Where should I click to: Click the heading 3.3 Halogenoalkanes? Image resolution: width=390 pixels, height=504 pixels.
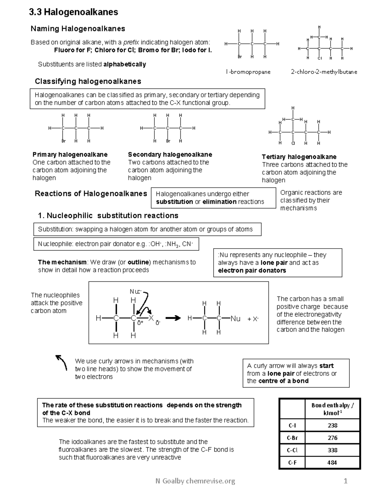click(x=73, y=12)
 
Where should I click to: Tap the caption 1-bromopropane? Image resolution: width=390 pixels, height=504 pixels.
click(x=248, y=72)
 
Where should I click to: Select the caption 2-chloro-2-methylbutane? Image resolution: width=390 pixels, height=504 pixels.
click(x=324, y=72)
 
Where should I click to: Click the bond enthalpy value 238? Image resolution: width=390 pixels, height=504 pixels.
click(x=332, y=425)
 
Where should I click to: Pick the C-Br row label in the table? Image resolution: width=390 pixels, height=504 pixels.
click(x=292, y=438)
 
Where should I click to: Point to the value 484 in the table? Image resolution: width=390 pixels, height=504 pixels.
click(x=332, y=462)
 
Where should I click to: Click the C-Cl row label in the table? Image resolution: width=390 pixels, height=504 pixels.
click(x=292, y=450)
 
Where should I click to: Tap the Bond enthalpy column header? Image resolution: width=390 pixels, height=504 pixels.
click(x=332, y=409)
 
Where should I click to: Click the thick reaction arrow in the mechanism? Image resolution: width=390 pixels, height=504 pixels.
click(x=173, y=318)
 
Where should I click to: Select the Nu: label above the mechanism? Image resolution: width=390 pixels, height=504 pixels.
click(x=135, y=292)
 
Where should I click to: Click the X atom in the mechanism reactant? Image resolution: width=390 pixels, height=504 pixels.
click(x=151, y=318)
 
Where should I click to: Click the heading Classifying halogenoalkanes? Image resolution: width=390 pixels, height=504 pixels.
click(x=88, y=81)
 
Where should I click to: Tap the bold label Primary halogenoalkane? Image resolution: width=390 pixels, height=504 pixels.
click(x=70, y=154)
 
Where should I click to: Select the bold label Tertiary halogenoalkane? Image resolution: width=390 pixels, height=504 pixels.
click(x=299, y=157)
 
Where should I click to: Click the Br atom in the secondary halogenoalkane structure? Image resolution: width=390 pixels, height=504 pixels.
click(x=168, y=141)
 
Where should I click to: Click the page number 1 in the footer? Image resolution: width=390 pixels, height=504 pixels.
click(x=345, y=481)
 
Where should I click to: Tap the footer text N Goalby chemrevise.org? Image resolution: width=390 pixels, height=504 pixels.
click(x=195, y=481)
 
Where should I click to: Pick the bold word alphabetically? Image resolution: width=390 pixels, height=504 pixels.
click(x=124, y=64)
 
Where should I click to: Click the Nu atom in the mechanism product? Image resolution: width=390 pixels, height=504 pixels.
click(x=235, y=319)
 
